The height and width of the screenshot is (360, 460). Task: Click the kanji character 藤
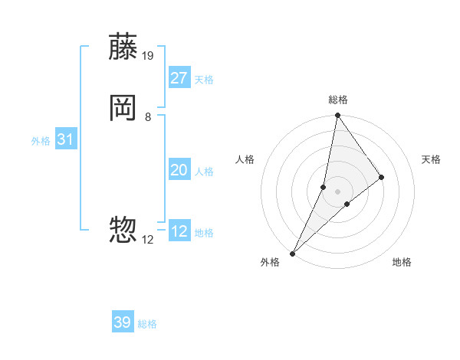[123, 47]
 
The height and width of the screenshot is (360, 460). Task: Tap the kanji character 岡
[123, 108]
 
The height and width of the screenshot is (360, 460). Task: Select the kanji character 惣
[123, 229]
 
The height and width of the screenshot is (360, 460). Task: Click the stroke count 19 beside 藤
[149, 55]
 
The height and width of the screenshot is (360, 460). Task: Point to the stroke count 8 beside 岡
[148, 116]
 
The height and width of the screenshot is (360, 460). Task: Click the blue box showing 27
[179, 78]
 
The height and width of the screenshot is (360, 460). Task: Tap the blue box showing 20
[179, 170]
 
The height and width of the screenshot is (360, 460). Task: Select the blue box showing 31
[66, 139]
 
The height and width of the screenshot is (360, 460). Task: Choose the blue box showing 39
[123, 322]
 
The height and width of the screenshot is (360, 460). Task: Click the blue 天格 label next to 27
[204, 80]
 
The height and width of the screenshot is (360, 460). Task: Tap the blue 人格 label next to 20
[204, 172]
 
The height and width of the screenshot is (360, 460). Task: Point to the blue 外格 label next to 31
[41, 141]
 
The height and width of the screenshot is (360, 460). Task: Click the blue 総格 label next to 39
[147, 324]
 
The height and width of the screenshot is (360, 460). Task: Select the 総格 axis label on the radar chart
[338, 100]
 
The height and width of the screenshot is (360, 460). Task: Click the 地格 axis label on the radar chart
[402, 263]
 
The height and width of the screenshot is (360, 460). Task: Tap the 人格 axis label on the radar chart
[245, 159]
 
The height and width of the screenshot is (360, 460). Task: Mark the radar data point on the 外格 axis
[292, 253]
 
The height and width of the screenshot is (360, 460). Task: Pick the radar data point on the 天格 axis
[382, 177]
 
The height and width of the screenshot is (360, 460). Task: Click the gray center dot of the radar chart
[338, 191]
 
